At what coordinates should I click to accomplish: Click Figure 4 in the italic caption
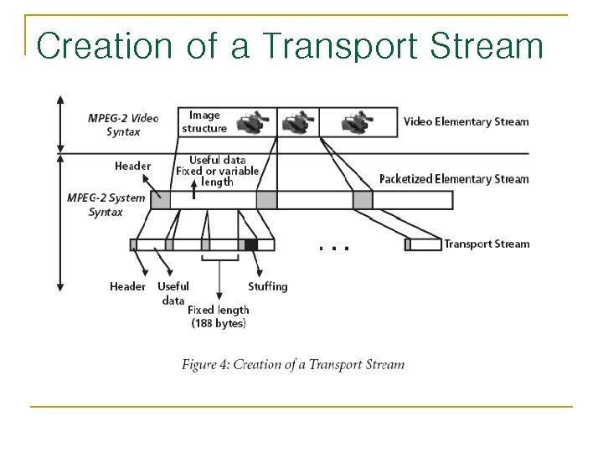205,364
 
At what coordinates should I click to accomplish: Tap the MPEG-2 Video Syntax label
122,124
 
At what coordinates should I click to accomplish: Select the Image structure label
204,121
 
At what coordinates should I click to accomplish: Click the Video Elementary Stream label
466,121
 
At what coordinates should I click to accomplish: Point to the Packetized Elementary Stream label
453,178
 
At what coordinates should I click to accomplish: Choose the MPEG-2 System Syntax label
106,204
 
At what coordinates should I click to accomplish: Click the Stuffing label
267,286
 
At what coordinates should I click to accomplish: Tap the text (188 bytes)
218,323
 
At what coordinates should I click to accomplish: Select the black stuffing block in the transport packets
250,244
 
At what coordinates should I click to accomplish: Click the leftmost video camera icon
252,121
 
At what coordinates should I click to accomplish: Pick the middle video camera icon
296,122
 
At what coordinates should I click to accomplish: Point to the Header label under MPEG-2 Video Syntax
132,166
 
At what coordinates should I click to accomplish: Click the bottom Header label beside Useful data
127,286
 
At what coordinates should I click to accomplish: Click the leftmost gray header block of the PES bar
160,199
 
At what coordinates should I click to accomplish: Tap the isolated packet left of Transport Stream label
422,244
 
